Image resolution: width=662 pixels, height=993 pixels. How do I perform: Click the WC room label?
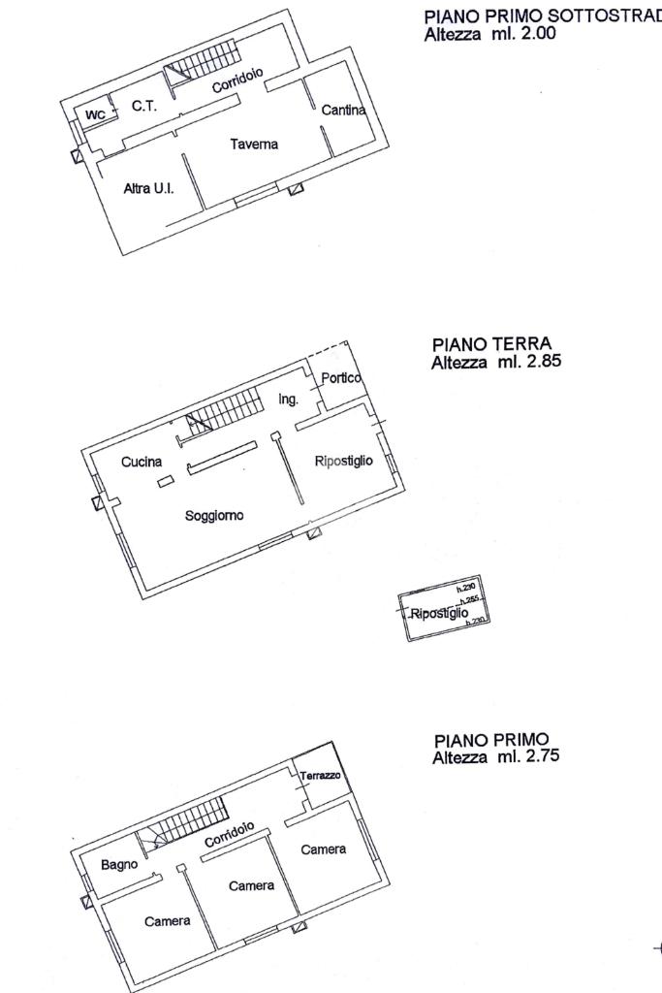coord(95,115)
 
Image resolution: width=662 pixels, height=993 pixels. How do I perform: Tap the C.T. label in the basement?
coord(144,107)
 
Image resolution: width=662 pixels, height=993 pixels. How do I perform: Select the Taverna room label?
coord(254,144)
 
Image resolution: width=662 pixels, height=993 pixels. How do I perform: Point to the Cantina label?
coord(343,111)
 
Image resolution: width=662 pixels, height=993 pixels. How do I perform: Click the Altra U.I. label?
coord(148,189)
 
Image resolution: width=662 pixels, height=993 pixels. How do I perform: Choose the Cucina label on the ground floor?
coord(142,463)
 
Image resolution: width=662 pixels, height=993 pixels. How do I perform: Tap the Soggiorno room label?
coord(214,516)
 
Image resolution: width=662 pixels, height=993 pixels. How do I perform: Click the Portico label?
coord(341,378)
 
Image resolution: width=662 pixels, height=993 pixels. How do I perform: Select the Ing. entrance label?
coord(289,400)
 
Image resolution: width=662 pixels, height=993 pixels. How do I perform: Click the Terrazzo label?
coord(320,776)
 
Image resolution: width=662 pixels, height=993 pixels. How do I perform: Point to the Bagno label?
coord(120,865)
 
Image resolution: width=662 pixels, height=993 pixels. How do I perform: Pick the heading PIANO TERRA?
coord(491,344)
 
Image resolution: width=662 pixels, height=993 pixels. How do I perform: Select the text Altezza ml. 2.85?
coord(496,362)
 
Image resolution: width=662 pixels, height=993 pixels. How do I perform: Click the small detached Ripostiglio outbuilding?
coord(444,609)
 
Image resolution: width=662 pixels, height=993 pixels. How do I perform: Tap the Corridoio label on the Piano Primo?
coord(230,834)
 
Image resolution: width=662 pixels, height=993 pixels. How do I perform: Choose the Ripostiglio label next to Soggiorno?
coord(343,462)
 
